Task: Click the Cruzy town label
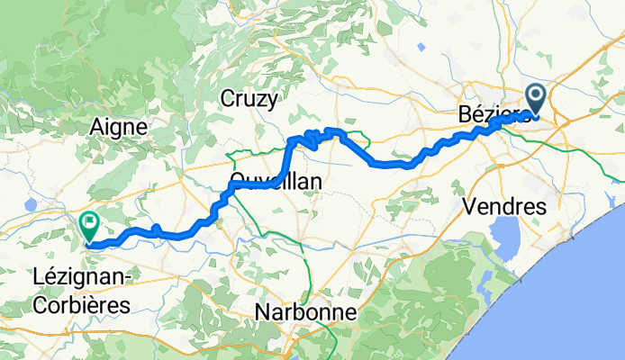point(250,99)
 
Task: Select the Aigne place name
point(118,128)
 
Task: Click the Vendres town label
point(504,206)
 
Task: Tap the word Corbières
point(81,304)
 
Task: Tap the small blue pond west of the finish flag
point(30,205)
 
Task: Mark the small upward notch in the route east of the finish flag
point(157,229)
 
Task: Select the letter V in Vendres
point(468,206)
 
